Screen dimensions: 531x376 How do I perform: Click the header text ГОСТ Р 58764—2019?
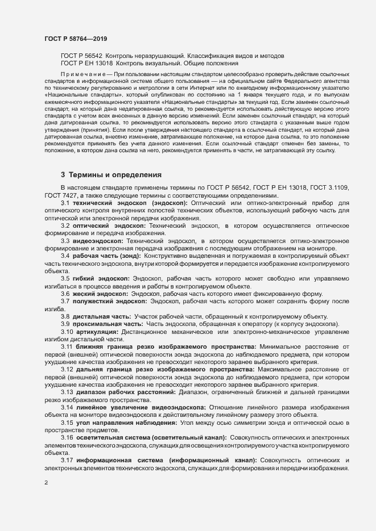click(76, 39)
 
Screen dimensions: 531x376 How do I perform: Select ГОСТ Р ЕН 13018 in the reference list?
click(86, 64)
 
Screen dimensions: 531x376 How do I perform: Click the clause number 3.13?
click(67, 391)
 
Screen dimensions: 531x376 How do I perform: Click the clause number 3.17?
click(67, 459)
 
